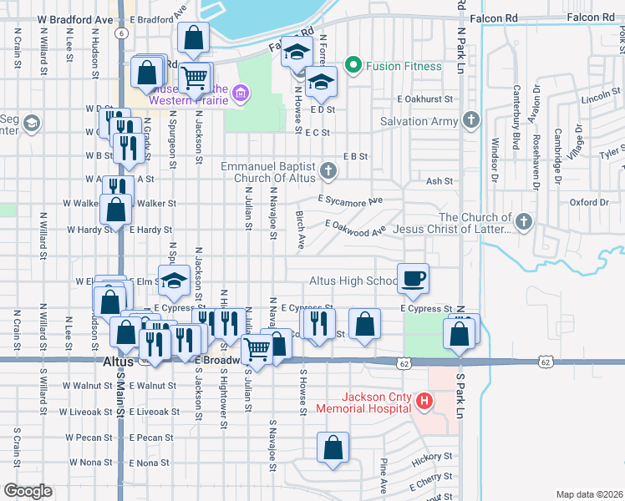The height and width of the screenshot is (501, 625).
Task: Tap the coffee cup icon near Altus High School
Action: tap(412, 279)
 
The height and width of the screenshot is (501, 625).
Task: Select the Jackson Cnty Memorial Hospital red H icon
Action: tap(424, 402)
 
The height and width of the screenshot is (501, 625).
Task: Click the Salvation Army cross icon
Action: tap(471, 121)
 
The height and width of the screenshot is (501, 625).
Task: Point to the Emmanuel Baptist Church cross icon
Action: tap(329, 172)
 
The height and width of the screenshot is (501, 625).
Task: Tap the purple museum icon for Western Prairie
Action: tap(241, 91)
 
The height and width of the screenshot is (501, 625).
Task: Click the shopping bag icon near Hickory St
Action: tap(333, 447)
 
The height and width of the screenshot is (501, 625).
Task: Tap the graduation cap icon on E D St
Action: tap(320, 82)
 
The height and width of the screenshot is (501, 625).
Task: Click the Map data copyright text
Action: tap(589, 494)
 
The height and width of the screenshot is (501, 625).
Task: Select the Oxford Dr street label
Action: tap(589, 202)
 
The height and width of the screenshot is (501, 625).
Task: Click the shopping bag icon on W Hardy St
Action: tap(116, 209)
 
